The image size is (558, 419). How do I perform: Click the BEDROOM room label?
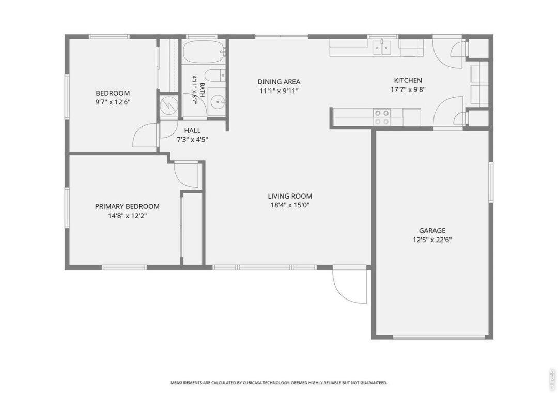click(113, 93)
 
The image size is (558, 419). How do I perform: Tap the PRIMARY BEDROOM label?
click(127, 206)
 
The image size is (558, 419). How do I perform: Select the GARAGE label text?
click(432, 231)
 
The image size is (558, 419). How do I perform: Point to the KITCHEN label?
click(408, 81)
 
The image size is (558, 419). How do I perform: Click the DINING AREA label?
click(279, 82)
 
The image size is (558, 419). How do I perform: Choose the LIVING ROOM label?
click(290, 196)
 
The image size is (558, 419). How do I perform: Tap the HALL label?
click(192, 131)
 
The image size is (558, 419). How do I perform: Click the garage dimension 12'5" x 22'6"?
click(432, 240)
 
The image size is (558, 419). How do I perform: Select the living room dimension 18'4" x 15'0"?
click(290, 205)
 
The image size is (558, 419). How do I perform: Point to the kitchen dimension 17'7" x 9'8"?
click(408, 90)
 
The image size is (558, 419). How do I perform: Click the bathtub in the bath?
click(203, 52)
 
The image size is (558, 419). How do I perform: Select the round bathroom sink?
click(217, 102)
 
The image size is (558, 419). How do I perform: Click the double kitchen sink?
click(382, 48)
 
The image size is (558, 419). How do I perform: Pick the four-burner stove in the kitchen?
click(382, 117)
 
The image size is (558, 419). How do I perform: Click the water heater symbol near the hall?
click(168, 104)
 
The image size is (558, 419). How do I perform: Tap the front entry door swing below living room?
click(349, 286)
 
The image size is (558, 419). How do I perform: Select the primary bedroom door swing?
click(187, 174)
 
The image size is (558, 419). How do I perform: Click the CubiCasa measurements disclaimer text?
click(279, 383)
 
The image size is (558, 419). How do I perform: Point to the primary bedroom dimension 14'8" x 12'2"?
click(128, 216)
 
